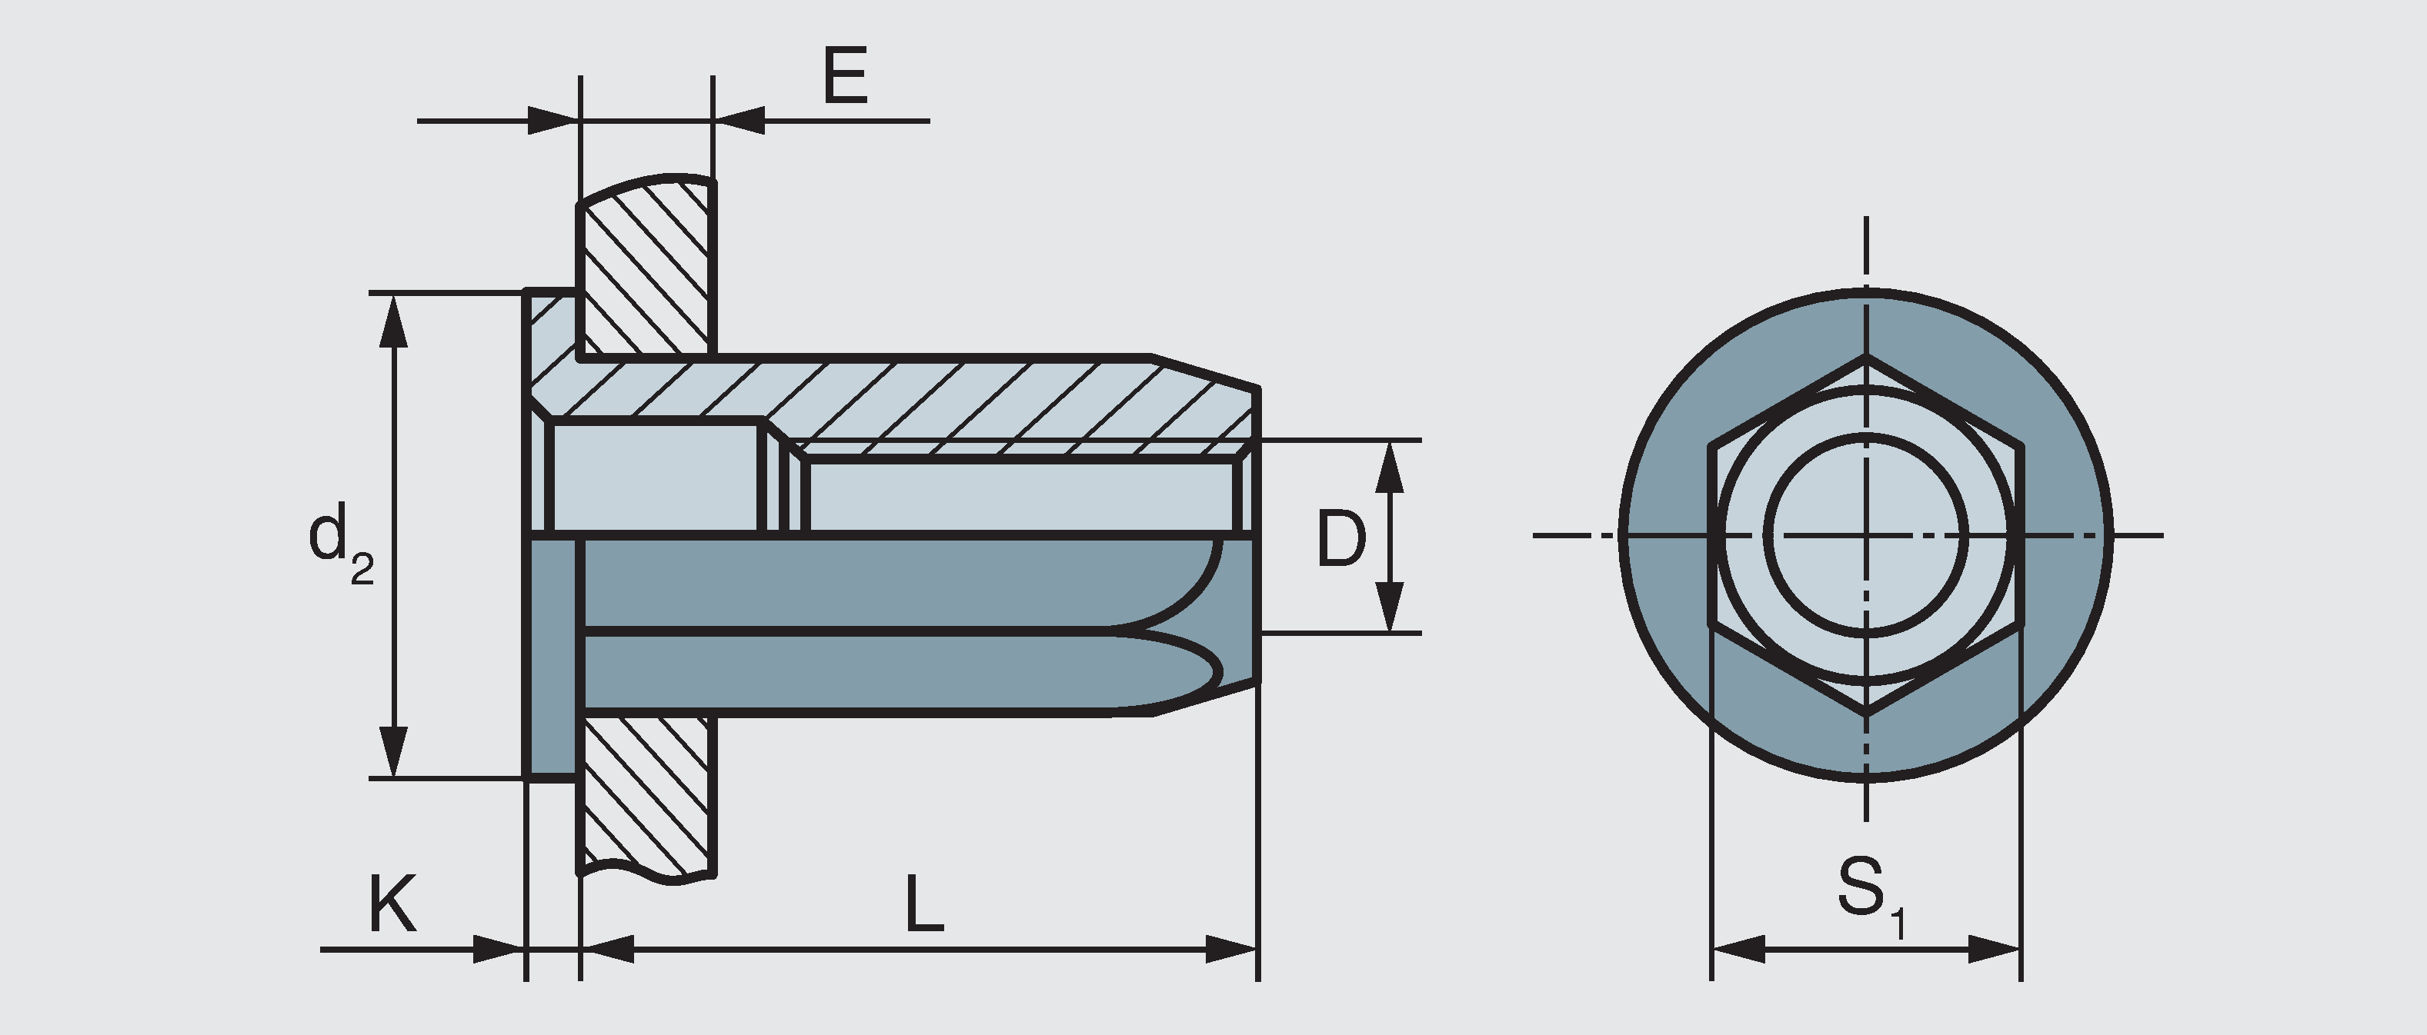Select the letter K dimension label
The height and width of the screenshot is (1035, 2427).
point(391,904)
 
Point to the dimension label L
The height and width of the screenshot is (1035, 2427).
point(924,904)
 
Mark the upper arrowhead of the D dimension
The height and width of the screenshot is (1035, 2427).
point(1390,465)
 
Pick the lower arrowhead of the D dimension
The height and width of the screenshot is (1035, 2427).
point(1390,607)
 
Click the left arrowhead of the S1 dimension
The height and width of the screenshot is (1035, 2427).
point(1737,950)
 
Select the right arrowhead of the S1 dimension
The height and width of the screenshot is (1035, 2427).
point(1995,950)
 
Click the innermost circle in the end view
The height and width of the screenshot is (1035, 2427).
point(1866,535)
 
